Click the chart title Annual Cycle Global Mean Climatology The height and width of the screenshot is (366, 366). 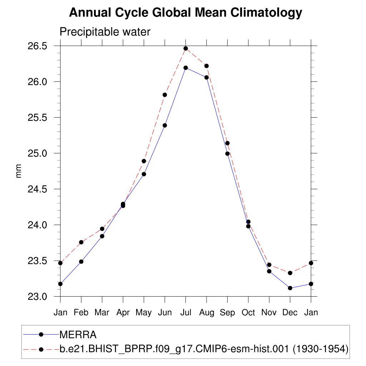(x=186, y=13)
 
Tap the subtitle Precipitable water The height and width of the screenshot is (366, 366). (x=105, y=32)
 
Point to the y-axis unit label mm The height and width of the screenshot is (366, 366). (x=19, y=171)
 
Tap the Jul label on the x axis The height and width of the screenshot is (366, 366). (x=186, y=312)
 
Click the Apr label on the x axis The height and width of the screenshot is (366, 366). (x=123, y=312)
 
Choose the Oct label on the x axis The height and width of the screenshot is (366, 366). (x=248, y=312)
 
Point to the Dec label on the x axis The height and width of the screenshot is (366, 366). (x=290, y=312)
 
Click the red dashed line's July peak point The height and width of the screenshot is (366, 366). (x=186, y=48)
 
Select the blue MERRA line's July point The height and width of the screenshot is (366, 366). (x=186, y=68)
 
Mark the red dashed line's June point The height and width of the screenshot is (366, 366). (x=165, y=95)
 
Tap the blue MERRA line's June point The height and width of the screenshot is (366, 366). (x=165, y=125)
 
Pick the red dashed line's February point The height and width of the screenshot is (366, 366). (x=81, y=242)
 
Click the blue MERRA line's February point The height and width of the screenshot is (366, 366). (x=81, y=262)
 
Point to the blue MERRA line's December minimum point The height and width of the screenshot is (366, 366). (x=290, y=288)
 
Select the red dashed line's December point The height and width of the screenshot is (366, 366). (x=290, y=273)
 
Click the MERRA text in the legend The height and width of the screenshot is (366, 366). (x=78, y=335)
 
